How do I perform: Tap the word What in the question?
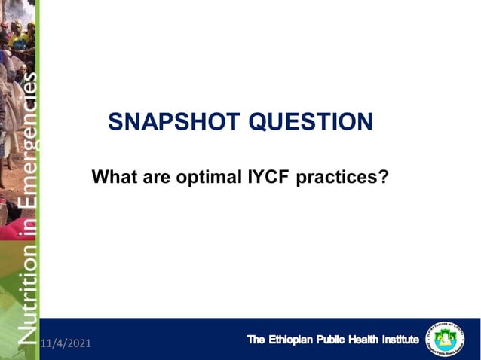tap(114, 178)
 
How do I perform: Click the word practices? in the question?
tap(342, 178)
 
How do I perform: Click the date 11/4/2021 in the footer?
tap(66, 343)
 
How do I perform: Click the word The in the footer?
tap(257, 340)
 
